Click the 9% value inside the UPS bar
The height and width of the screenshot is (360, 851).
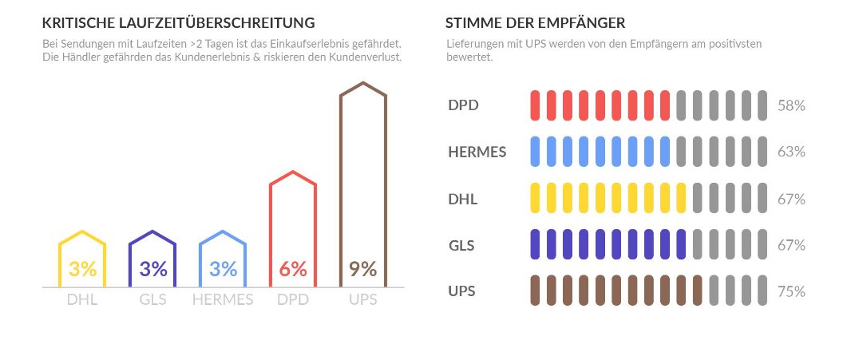click(363, 269)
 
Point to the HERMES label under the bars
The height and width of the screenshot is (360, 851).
click(223, 300)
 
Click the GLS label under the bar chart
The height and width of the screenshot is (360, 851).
click(152, 300)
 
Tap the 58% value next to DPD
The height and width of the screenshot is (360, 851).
click(791, 105)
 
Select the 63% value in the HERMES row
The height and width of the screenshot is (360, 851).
click(791, 152)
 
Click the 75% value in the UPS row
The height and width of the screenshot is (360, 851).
click(791, 292)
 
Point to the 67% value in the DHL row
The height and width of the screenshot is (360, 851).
click(791, 199)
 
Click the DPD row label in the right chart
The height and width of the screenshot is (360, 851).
click(464, 105)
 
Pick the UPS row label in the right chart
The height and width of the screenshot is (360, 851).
click(462, 291)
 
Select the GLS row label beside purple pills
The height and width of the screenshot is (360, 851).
click(461, 245)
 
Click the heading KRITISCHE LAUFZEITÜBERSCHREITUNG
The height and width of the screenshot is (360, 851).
click(178, 22)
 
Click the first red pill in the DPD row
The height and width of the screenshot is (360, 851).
click(535, 105)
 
